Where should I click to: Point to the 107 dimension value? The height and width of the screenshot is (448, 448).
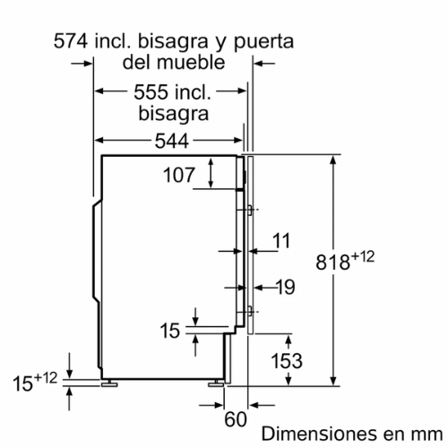coord(178,175)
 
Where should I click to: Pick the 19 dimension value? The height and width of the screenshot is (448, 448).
coord(285,288)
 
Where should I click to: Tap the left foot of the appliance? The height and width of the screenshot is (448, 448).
coord(110,383)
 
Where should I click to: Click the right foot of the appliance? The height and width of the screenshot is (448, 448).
coord(217,383)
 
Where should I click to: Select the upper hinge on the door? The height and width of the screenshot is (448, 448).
coord(246,211)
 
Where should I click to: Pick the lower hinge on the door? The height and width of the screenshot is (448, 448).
coord(246,313)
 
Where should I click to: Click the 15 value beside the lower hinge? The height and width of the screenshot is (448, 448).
coord(169,331)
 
